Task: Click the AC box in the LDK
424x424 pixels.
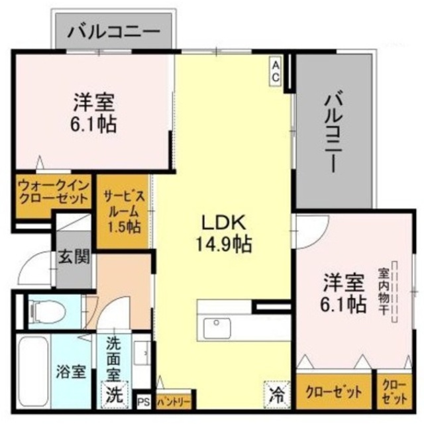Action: point(275,70)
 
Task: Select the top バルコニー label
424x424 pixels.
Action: point(114,30)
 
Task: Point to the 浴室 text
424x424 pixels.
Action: point(71,372)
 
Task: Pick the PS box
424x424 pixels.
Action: point(143,401)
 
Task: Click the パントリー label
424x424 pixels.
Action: point(175,401)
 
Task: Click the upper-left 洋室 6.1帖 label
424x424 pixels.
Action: point(93,113)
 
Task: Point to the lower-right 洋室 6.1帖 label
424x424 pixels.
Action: point(344,293)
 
